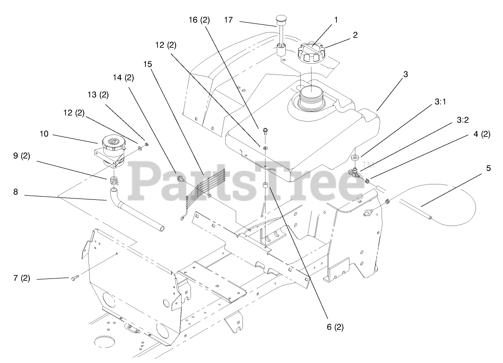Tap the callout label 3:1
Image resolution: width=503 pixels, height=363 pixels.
[x=440, y=103]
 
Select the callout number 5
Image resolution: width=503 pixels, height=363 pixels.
[x=488, y=168]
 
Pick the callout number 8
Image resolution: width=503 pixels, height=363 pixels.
[x=15, y=192]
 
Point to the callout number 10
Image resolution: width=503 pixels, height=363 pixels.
[x=43, y=134]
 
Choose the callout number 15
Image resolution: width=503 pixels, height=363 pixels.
[x=148, y=64]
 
